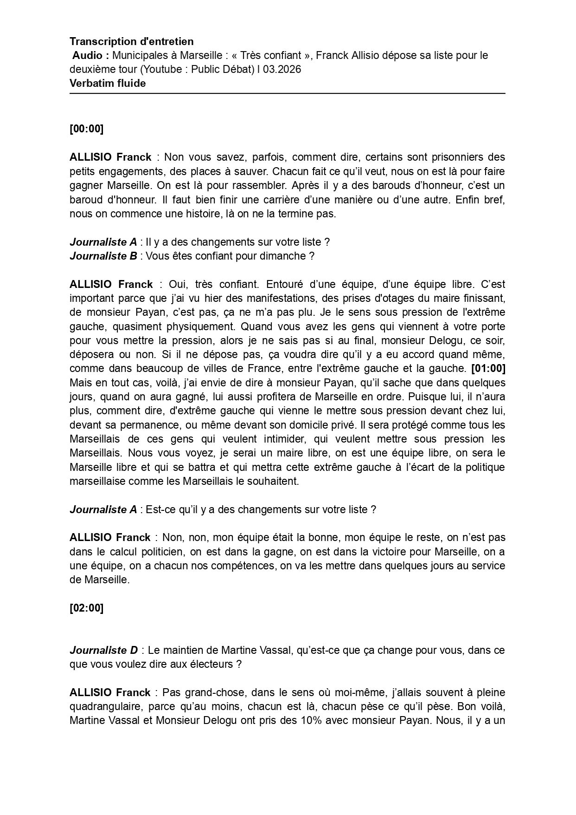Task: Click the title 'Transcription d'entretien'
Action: (132, 42)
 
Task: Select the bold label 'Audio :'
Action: (91, 56)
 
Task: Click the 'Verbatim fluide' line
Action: (108, 84)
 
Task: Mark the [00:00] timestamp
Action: (86, 129)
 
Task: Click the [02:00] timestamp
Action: (86, 608)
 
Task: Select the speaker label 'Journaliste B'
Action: (103, 256)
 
